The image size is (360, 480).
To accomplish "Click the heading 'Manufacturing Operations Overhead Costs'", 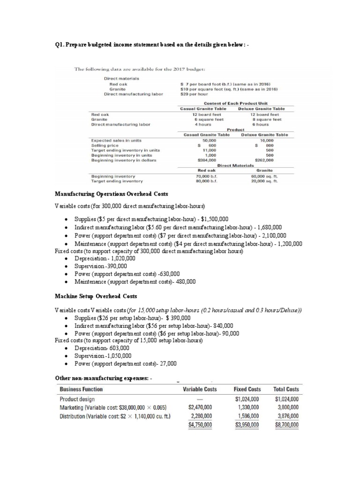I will click(x=112, y=194).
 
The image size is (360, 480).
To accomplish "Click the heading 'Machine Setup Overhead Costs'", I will click(x=96, y=296).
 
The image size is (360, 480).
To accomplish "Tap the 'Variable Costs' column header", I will click(x=200, y=389).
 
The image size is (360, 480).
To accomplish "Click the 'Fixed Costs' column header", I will click(x=247, y=389).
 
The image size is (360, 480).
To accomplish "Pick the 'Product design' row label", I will click(x=77, y=399).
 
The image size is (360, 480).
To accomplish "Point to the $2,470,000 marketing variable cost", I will click(x=200, y=407).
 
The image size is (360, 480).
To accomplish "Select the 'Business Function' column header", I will click(x=81, y=389).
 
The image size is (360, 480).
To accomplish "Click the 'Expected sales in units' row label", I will click(x=116, y=140).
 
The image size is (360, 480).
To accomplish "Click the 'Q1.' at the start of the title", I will click(x=60, y=45).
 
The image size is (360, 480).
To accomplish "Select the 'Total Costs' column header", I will click(x=286, y=389).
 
